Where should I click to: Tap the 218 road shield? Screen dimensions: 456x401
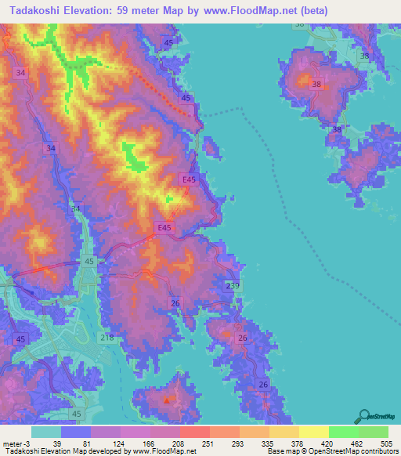107,337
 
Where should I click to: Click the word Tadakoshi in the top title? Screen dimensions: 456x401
39,11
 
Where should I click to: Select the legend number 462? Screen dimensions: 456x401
342,443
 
